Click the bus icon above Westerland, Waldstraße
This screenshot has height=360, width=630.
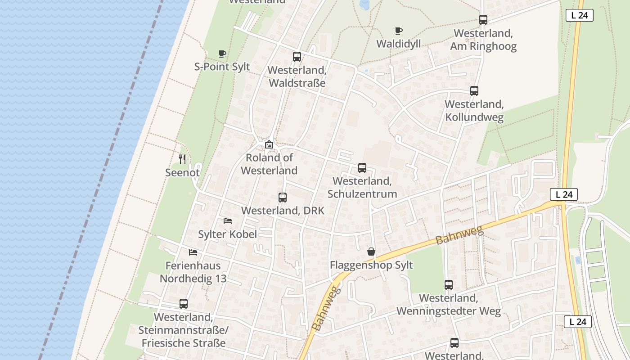297,57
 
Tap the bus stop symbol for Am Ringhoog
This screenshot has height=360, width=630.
483,20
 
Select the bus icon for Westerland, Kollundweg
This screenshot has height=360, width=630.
474,91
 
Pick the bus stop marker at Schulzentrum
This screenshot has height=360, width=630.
362,168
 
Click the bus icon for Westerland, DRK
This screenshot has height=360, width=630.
283,198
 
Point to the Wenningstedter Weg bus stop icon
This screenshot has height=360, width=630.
449,285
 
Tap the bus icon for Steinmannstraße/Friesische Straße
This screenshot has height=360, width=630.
184,304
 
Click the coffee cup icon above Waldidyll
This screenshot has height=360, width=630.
398,31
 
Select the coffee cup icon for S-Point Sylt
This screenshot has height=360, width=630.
222,54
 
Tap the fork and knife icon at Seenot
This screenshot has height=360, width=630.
182,159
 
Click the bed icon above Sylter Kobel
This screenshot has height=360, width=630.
228,221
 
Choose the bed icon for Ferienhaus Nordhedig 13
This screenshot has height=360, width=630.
193,252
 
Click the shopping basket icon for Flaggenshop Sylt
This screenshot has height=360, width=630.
371,252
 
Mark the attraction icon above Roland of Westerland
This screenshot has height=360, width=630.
269,144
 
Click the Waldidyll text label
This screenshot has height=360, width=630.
398,44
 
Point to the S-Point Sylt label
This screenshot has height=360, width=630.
222,67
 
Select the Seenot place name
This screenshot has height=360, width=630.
182,172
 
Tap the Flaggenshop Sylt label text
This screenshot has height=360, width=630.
371,265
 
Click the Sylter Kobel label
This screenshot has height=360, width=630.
228,234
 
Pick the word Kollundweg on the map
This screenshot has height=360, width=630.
474,117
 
